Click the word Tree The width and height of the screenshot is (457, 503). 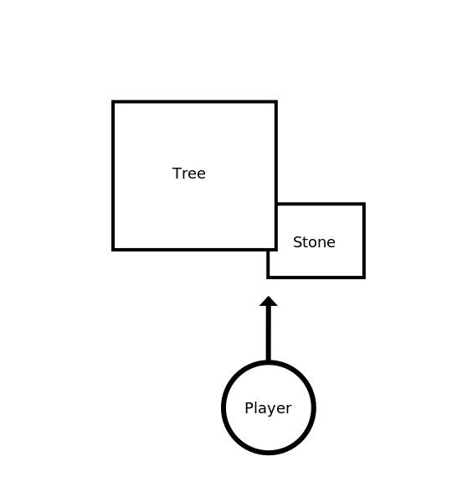coord(189,174)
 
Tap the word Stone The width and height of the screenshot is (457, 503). coord(314,242)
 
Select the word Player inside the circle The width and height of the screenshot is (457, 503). coord(268,408)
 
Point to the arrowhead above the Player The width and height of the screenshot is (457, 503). coord(269,301)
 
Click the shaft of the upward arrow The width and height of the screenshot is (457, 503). coord(269,334)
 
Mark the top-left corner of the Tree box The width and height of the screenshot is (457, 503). coord(113,102)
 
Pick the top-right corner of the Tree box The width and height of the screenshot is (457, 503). coord(276,102)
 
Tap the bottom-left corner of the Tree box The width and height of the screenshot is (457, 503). coord(113,249)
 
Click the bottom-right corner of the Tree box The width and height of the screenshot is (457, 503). coord(276,249)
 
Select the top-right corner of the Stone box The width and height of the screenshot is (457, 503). coord(364,204)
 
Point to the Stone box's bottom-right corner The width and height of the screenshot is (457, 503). coord(364,277)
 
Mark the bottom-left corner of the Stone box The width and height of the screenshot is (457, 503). coord(268,277)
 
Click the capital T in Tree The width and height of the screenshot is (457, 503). coord(177,174)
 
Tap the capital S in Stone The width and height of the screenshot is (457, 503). coord(297,242)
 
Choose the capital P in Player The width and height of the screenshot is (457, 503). coord(249,407)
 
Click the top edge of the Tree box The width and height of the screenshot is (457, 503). coord(194,102)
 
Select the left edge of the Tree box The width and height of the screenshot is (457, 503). coord(113,175)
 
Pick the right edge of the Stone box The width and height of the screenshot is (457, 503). coord(364,241)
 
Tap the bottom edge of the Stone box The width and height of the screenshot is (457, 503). coord(316,277)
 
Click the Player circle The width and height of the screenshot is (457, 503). coord(269,361)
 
